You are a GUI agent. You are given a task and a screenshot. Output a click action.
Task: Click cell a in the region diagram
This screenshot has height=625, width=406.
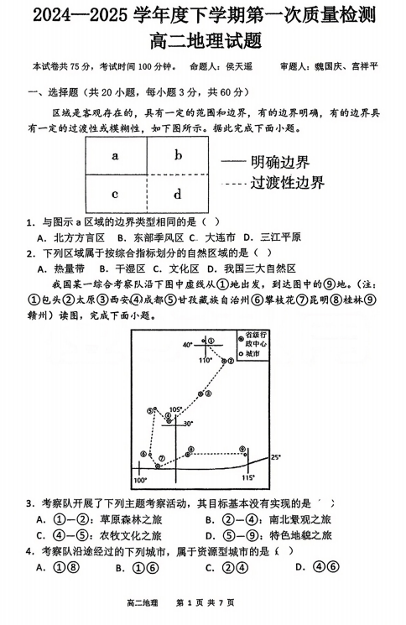(115, 155)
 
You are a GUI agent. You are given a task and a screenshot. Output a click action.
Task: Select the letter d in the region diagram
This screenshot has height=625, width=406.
(177, 195)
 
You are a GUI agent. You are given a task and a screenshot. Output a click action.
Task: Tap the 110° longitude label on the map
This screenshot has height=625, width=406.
(205, 360)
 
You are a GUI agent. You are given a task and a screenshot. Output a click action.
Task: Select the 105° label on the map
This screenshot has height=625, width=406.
(174, 409)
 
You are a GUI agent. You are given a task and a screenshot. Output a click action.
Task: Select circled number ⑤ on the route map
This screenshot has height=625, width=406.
(150, 410)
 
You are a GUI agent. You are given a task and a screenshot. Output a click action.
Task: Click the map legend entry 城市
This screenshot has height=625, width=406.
(252, 354)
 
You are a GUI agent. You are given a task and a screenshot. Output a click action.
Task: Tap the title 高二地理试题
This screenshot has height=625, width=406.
(203, 39)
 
